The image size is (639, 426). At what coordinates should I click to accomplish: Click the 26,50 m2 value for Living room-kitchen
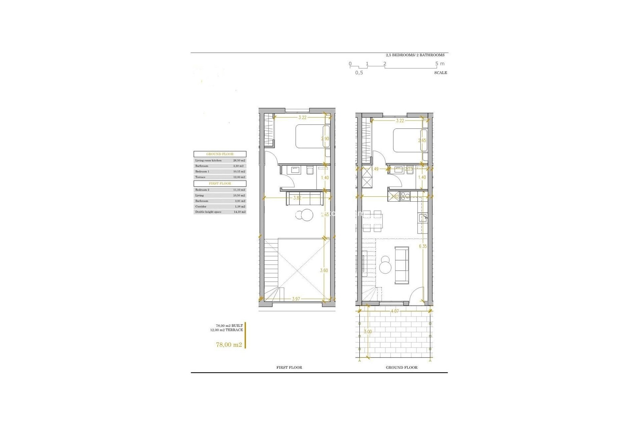[x=239, y=160]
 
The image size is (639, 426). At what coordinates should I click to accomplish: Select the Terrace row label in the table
[x=200, y=177]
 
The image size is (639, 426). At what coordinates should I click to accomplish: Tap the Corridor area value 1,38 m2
[x=239, y=206]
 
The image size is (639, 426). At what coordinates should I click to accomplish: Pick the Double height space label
[x=208, y=212]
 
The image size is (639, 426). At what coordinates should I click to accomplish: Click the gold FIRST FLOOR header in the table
[x=220, y=183]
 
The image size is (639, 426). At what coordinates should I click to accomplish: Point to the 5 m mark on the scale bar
[x=440, y=64]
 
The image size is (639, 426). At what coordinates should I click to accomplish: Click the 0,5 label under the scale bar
[x=359, y=73]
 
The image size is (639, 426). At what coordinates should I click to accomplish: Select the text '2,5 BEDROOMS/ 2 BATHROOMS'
[x=415, y=55]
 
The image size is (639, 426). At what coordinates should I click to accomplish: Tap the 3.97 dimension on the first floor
[x=296, y=299]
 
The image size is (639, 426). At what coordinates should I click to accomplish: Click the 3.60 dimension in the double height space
[x=324, y=270]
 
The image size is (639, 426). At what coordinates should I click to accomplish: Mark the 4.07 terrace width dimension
[x=395, y=311]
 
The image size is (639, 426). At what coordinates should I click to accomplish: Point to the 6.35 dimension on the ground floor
[x=423, y=246]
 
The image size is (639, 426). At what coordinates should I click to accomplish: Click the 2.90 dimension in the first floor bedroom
[x=325, y=138]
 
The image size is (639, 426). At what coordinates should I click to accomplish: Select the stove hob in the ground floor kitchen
[x=406, y=197]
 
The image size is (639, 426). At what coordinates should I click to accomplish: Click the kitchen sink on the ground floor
[x=423, y=218]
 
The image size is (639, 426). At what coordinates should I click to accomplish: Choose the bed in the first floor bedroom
[x=312, y=136]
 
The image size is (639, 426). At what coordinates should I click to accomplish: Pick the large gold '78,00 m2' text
[x=229, y=344]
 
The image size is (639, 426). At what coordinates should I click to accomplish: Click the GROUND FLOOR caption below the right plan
[x=401, y=367]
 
